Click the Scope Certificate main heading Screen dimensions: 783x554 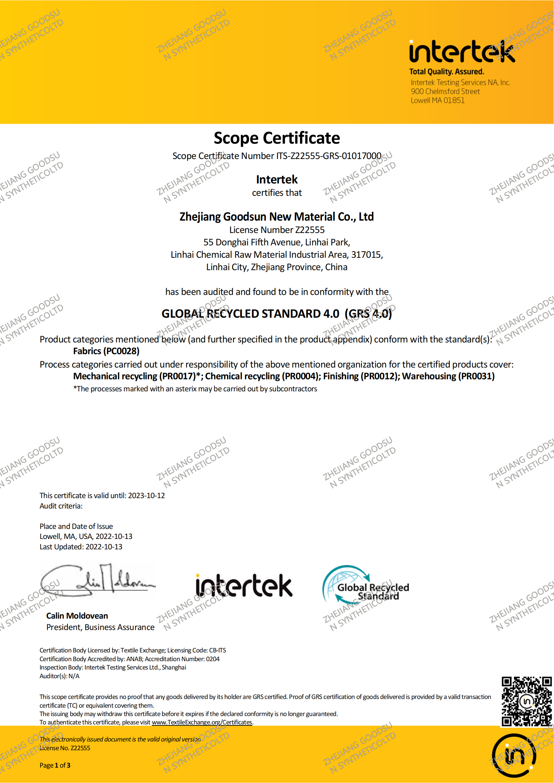click(x=277, y=138)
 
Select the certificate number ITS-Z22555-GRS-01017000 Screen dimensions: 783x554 click(x=329, y=156)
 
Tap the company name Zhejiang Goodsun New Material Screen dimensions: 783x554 click(x=276, y=217)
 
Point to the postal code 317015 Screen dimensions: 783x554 click(x=366, y=255)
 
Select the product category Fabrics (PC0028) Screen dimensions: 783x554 click(x=106, y=351)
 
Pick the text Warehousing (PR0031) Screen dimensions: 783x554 click(x=448, y=376)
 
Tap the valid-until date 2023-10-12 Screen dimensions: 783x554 click(x=146, y=495)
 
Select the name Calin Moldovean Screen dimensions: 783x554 click(x=77, y=616)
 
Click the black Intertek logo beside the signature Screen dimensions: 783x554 click(x=244, y=585)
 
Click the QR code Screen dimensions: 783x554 click(x=527, y=702)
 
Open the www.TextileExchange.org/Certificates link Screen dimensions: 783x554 click(x=202, y=722)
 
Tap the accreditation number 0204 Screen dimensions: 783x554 click(x=213, y=659)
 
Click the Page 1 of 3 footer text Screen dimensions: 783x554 click(x=55, y=765)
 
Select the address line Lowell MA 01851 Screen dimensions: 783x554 click(x=437, y=100)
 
